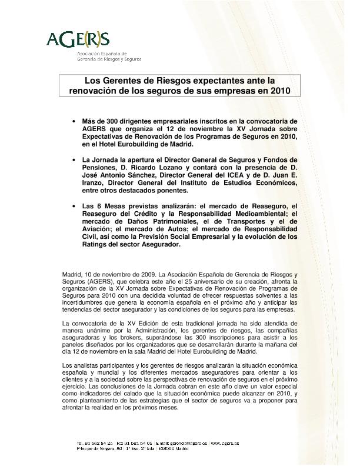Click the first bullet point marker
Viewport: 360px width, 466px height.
click(x=74, y=121)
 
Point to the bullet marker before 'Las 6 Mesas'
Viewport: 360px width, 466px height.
click(x=74, y=205)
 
